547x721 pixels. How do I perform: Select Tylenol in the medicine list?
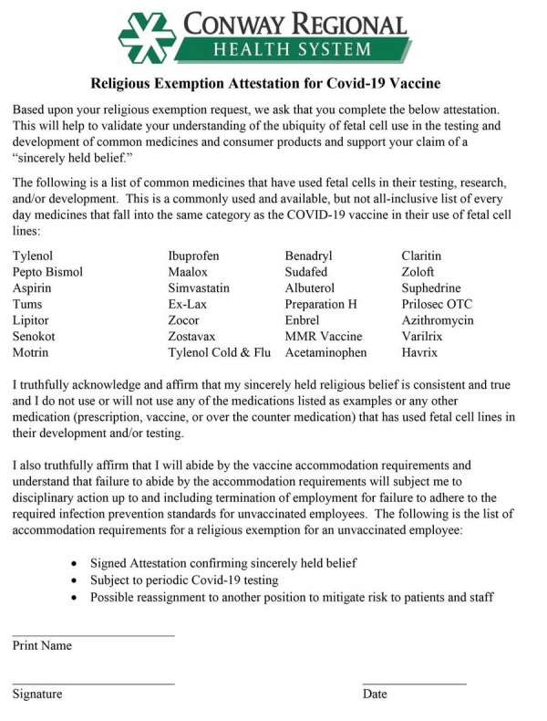coord(34,256)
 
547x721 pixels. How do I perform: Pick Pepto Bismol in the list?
coord(47,272)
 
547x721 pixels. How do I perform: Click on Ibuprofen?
coord(193,256)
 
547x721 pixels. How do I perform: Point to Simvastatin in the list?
coord(199,288)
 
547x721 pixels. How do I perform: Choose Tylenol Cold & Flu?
coord(220,352)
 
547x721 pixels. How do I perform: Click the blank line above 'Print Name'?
coord(93,635)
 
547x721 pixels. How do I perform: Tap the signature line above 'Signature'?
coord(93,683)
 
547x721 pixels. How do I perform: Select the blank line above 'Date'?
coord(414,683)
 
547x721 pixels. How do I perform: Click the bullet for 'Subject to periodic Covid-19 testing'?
coord(74,580)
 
